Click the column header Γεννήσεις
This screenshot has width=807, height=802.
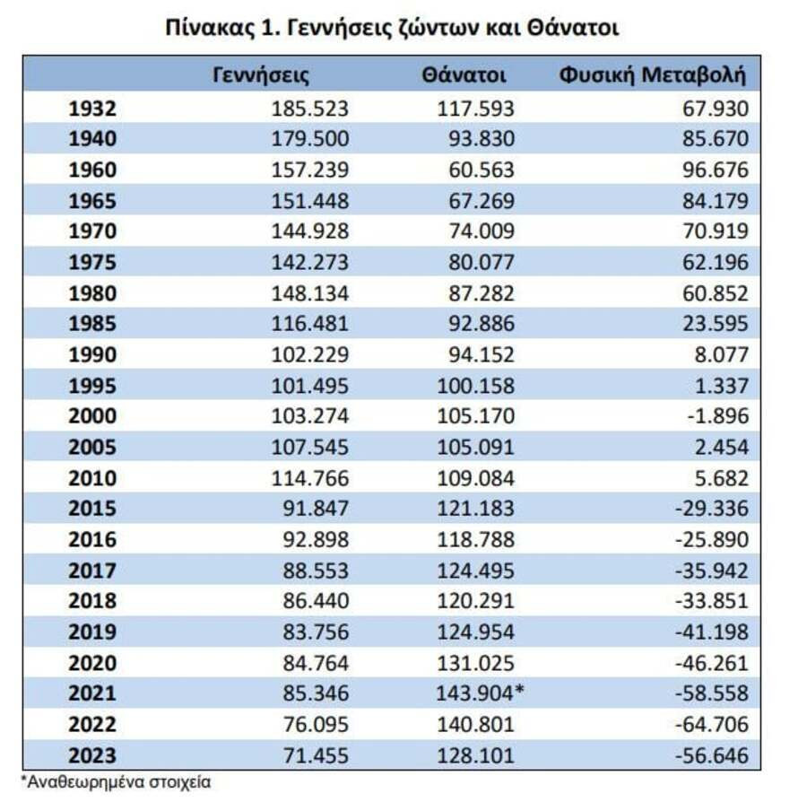tap(261, 75)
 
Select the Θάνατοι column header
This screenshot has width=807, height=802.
tap(464, 75)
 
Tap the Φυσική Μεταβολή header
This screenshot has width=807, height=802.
tap(652, 75)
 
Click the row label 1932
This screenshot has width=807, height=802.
tap(92, 109)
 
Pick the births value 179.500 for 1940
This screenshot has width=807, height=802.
tap(310, 139)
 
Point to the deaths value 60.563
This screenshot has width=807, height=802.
tap(482, 170)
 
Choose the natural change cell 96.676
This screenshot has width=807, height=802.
tap(716, 170)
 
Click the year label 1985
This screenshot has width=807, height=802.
tap(92, 324)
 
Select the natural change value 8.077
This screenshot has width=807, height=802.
tap(722, 354)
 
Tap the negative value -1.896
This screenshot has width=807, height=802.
tap(718, 416)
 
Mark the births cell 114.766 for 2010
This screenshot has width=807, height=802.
tap(310, 478)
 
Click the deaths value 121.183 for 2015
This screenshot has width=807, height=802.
tap(475, 509)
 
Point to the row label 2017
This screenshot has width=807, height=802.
tap(92, 571)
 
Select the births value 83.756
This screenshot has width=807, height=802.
tap(316, 632)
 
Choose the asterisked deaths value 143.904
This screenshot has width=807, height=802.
tap(480, 693)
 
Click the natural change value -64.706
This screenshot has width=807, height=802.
tap(712, 725)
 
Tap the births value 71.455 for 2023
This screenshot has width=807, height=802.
tap(316, 755)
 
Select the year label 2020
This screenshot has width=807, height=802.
tap(92, 663)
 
